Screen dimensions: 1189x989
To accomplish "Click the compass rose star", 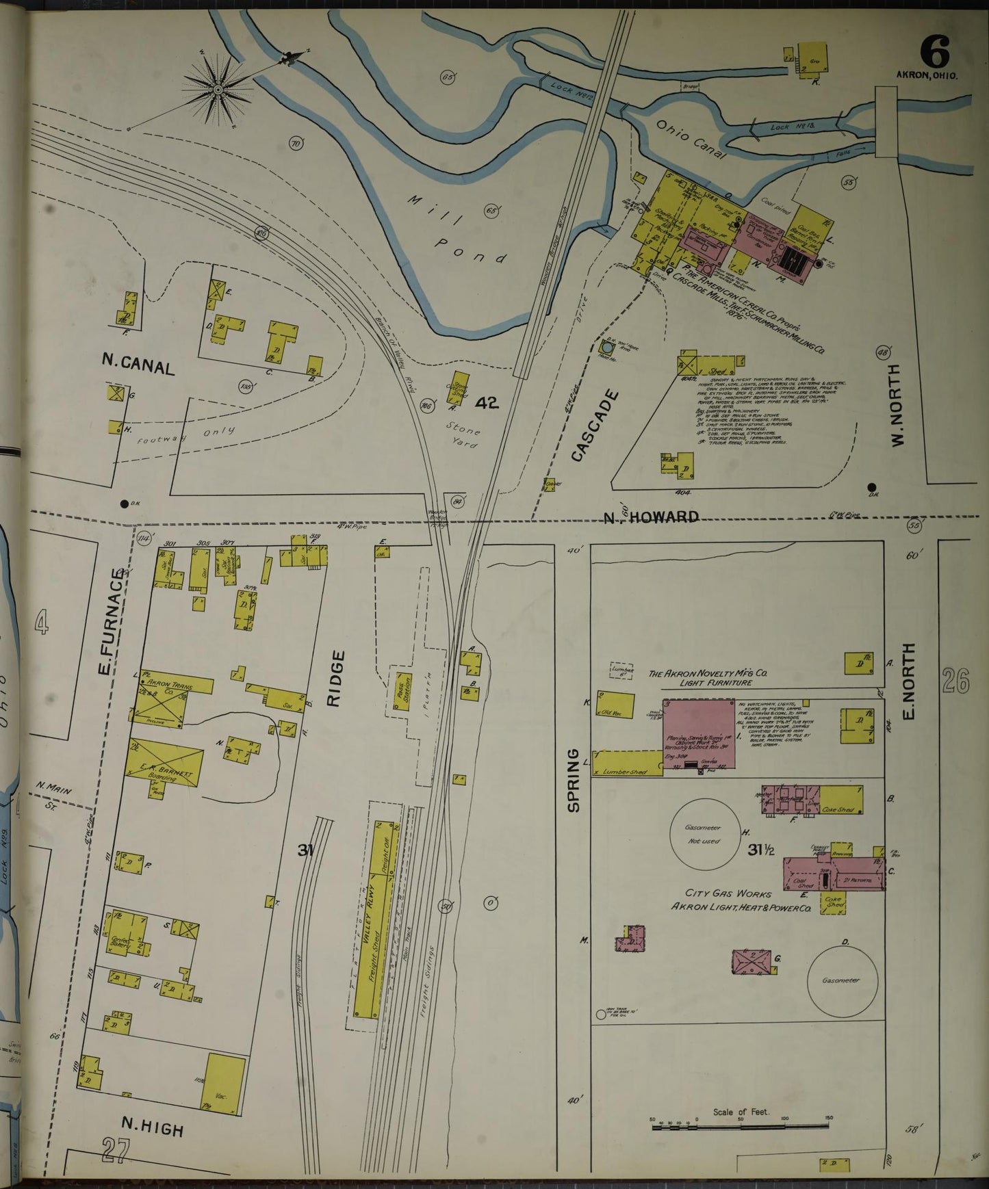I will (x=218, y=89).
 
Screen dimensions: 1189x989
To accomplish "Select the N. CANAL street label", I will (x=138, y=367).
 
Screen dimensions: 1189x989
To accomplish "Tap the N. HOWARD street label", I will (x=650, y=517).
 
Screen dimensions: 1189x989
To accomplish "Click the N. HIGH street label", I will (x=152, y=1126).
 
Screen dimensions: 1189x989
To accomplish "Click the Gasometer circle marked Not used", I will (x=704, y=835).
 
